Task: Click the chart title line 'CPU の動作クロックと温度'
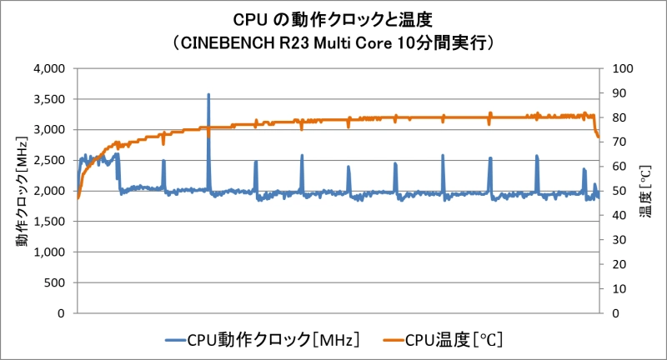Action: click(333, 17)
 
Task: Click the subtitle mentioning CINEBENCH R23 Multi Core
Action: click(333, 42)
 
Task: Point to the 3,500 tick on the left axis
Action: click(52, 99)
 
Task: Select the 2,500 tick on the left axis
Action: click(52, 160)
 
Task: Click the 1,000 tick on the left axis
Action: click(52, 252)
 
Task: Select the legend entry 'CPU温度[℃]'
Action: click(454, 339)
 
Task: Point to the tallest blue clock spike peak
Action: click(208, 95)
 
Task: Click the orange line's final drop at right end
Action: click(597, 133)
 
